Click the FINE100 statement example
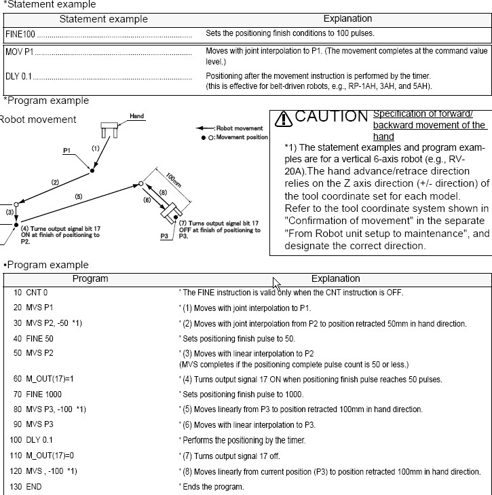(x=20, y=33)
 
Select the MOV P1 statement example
(x=20, y=52)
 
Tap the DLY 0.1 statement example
(x=18, y=76)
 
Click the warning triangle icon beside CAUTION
(x=282, y=118)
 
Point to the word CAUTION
(x=332, y=117)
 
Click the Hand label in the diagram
(x=136, y=116)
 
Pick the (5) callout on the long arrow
(x=78, y=196)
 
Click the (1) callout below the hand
(x=96, y=147)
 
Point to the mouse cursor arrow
(x=276, y=283)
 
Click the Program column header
(x=90, y=278)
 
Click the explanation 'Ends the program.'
(x=211, y=488)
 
